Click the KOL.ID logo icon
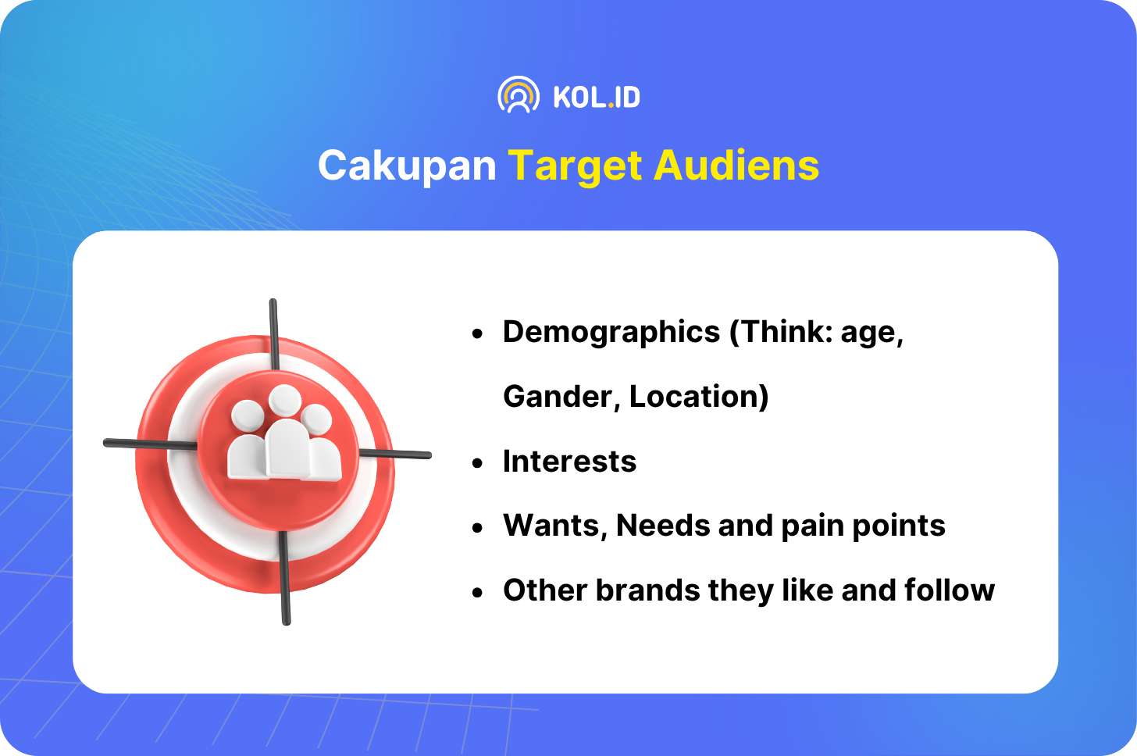(519, 94)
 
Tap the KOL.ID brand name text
(597, 97)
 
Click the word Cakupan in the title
(407, 166)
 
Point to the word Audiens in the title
(736, 165)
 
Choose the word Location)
(699, 397)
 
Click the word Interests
(569, 462)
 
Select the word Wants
(555, 526)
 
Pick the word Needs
(663, 525)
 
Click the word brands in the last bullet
(647, 590)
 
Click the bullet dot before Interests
(476, 464)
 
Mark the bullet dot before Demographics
(476, 333)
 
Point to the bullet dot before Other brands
(476, 593)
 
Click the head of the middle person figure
(285, 399)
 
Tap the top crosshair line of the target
(273, 335)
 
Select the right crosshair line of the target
(395, 454)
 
